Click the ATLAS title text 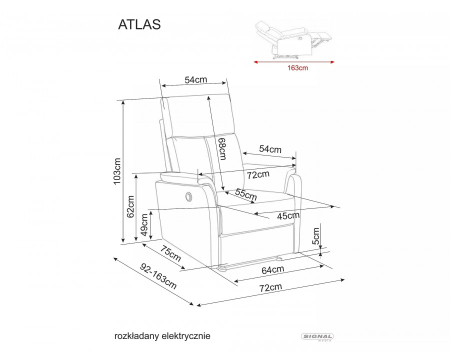139,25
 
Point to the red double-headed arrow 294,62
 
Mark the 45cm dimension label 288,215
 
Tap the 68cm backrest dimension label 222,149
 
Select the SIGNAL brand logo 318,337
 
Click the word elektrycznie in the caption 186,336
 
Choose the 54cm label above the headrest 195,80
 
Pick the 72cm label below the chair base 270,287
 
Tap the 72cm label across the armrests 258,174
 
